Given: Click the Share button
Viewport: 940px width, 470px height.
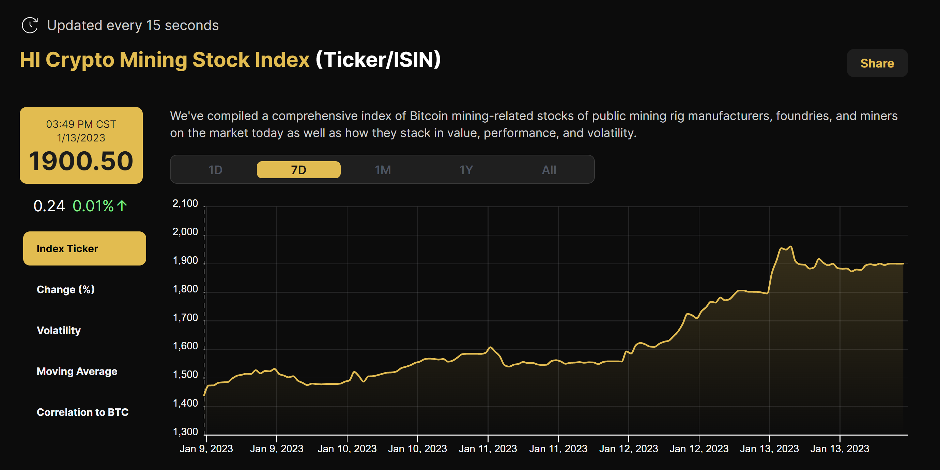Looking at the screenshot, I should (877, 63).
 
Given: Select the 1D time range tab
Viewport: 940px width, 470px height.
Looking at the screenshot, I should (215, 170).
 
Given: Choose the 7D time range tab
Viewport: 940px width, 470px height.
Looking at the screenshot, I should (298, 170).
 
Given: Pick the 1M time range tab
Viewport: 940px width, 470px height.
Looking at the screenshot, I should (382, 170).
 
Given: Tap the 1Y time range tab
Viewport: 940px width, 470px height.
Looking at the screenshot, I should (466, 170).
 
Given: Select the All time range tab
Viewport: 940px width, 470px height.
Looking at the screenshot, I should (549, 170).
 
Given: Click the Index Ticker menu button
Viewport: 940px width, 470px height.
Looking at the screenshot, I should (84, 248).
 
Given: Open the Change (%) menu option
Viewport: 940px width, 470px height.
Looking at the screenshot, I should (66, 289).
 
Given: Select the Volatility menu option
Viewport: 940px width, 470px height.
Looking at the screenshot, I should (59, 330).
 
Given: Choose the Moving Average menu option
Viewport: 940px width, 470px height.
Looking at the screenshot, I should (77, 371).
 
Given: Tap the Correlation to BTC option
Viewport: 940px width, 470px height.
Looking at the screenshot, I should (82, 412).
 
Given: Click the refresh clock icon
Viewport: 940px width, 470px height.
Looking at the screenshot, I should (30, 25).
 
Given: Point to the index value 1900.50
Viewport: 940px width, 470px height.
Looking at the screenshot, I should (81, 161).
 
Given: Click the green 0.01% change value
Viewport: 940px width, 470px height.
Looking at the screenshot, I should (93, 206).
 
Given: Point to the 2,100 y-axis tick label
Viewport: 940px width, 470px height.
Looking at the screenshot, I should (185, 203).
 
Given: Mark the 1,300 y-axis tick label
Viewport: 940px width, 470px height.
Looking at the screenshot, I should (185, 432).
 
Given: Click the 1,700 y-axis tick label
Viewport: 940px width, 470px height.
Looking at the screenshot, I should (185, 317).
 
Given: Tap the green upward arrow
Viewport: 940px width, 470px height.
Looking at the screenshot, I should (122, 206).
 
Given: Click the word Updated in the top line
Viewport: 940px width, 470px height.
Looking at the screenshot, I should (74, 26).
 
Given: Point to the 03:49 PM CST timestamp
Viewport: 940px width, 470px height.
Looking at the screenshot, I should (81, 124).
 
